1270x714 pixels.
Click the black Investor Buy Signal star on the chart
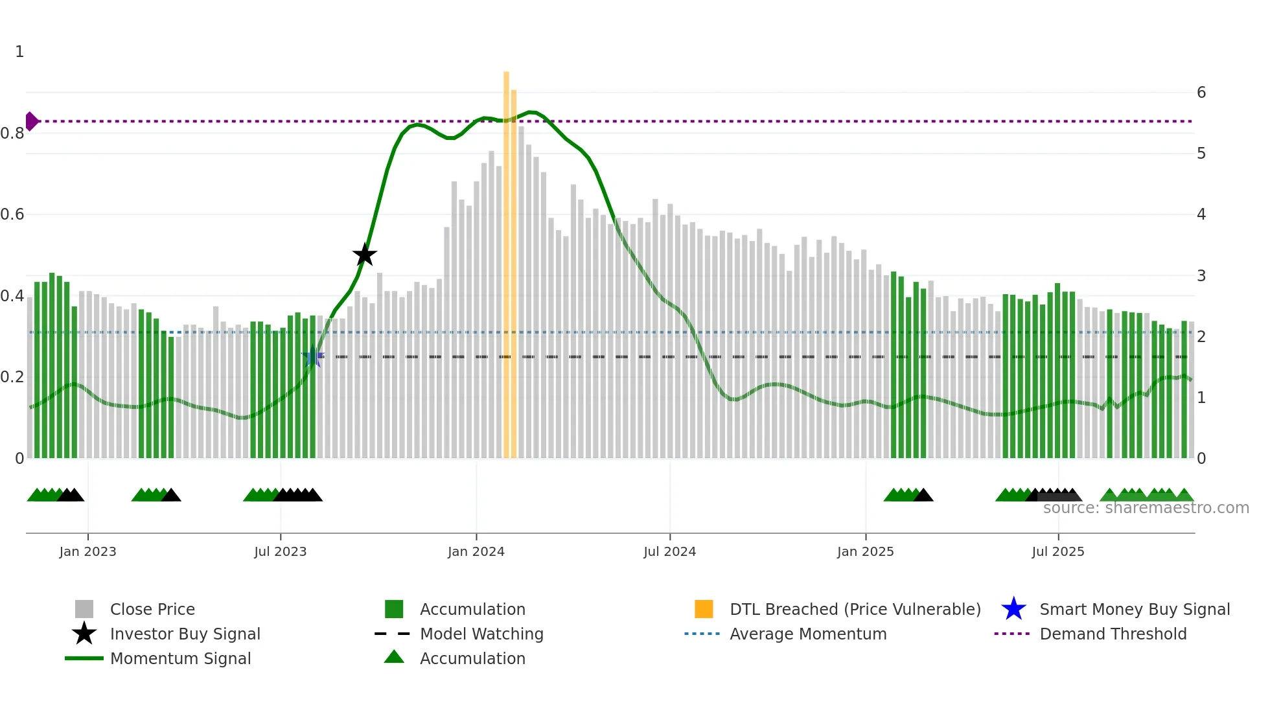click(x=365, y=255)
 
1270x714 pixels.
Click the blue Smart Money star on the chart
click(x=313, y=356)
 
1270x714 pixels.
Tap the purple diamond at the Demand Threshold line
click(x=31, y=121)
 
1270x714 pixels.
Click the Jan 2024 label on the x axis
click(x=476, y=551)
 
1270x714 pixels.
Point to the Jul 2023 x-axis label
click(x=280, y=551)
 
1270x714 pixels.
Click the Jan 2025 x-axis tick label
click(x=865, y=551)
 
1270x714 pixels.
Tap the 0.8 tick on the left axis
click(x=12, y=133)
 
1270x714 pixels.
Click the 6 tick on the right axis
click(x=1201, y=93)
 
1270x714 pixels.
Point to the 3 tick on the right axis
click(x=1201, y=275)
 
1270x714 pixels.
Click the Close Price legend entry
click(x=152, y=609)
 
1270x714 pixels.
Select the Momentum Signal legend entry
click(x=180, y=658)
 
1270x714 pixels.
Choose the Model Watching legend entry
click(x=481, y=634)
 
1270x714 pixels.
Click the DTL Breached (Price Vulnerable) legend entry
click(x=855, y=609)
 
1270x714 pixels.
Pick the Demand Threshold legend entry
click(x=1113, y=634)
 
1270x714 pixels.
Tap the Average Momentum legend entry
click(x=807, y=634)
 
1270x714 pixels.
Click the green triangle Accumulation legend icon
click(x=394, y=657)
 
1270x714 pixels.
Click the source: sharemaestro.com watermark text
click(x=1146, y=508)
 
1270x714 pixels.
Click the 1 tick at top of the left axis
click(x=19, y=52)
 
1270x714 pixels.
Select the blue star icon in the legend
click(x=1013, y=609)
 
